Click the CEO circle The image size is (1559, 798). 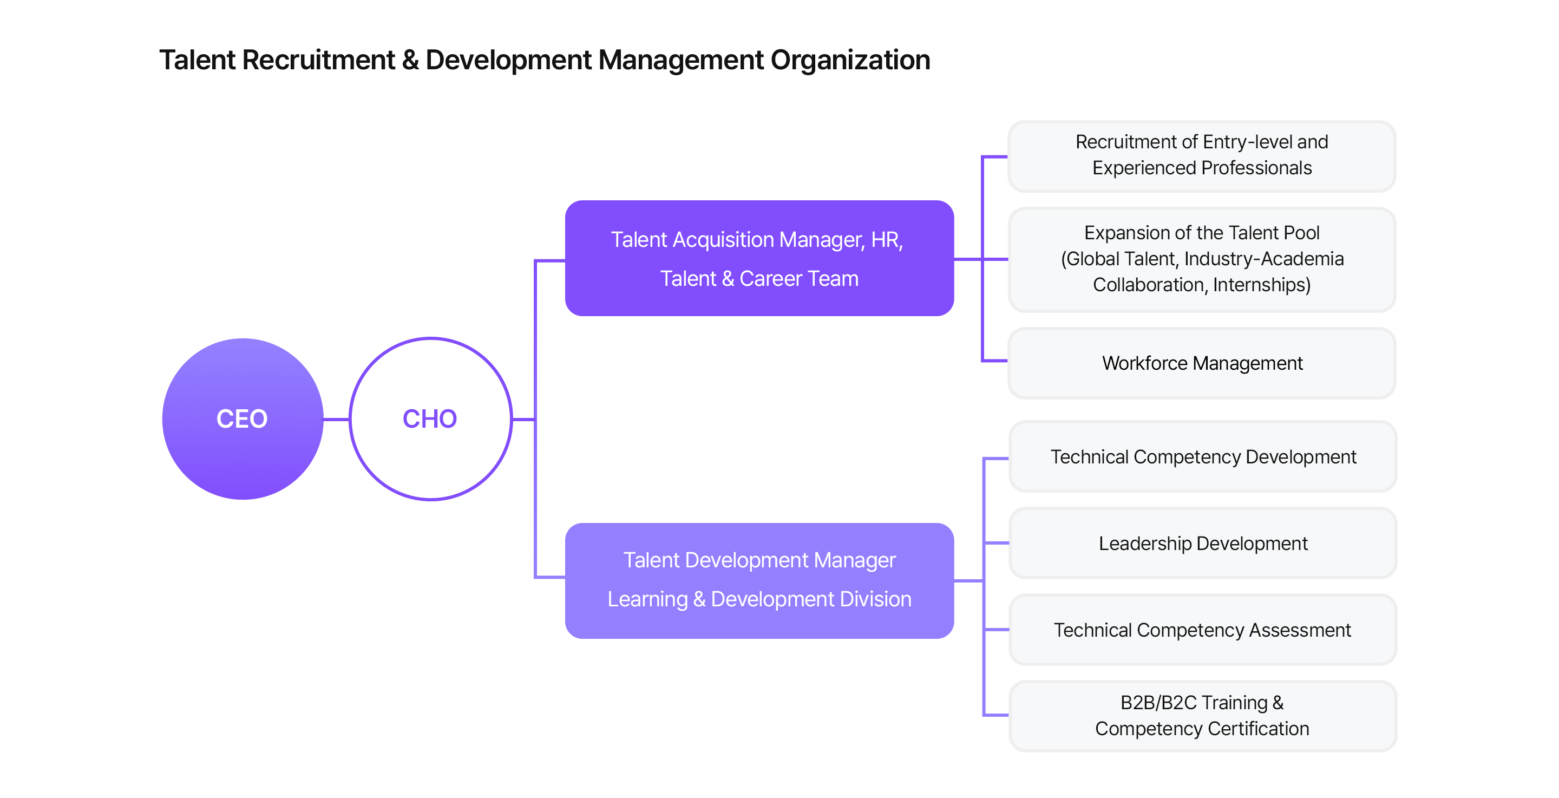(x=242, y=418)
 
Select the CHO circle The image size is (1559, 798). (x=430, y=418)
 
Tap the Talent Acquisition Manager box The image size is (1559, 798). (x=759, y=259)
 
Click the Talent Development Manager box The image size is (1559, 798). (x=759, y=580)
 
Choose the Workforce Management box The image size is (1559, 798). (x=1201, y=363)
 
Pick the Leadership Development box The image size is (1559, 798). (x=1202, y=543)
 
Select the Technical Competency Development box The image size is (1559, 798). (x=1202, y=456)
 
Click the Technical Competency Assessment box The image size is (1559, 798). (x=1202, y=630)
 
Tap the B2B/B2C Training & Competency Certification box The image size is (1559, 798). (x=1202, y=716)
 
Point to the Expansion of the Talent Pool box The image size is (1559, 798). (x=1201, y=259)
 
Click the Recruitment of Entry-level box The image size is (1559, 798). (x=1201, y=155)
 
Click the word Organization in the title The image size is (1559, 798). (x=850, y=61)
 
